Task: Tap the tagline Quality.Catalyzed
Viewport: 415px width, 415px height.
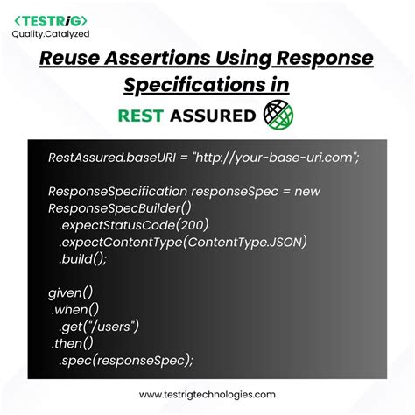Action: coord(51,34)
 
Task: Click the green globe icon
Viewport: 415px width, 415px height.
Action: coord(278,115)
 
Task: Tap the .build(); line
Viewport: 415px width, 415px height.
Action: coord(82,259)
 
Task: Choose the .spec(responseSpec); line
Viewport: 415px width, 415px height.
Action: coord(126,361)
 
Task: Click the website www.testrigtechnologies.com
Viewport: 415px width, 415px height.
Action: coord(207,395)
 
